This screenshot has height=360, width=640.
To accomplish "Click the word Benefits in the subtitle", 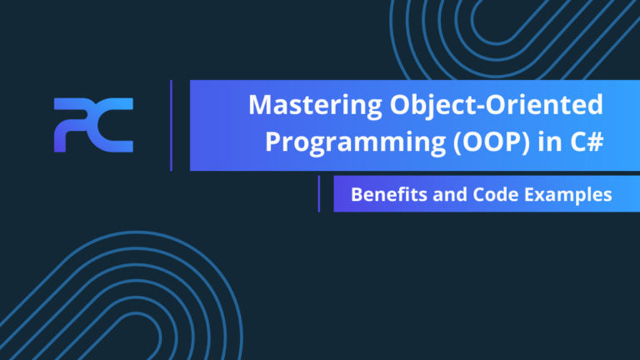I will [384, 194].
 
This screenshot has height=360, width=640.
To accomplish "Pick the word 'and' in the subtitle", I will [442, 194].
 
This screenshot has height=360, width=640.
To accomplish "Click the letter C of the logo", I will [113, 125].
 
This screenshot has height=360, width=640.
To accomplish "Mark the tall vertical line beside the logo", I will [171, 125].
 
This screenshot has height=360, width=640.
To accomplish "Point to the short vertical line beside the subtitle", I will [318, 194].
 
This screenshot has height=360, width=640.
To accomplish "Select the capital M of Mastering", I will [260, 107].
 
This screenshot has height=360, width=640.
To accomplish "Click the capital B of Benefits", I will [356, 194].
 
